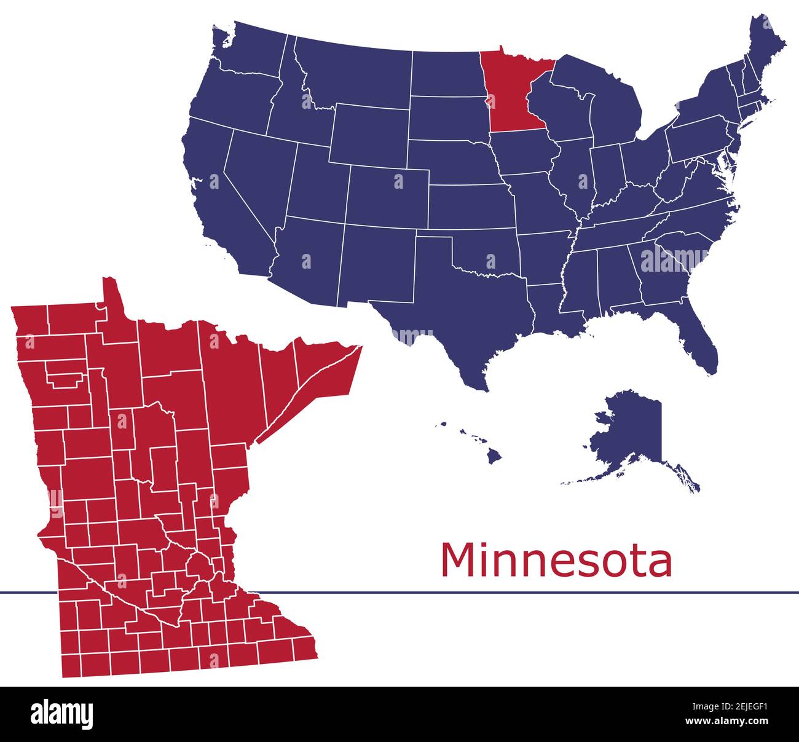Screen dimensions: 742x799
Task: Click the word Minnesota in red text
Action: tap(556, 560)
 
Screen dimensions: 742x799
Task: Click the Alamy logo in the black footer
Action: tap(61, 714)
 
